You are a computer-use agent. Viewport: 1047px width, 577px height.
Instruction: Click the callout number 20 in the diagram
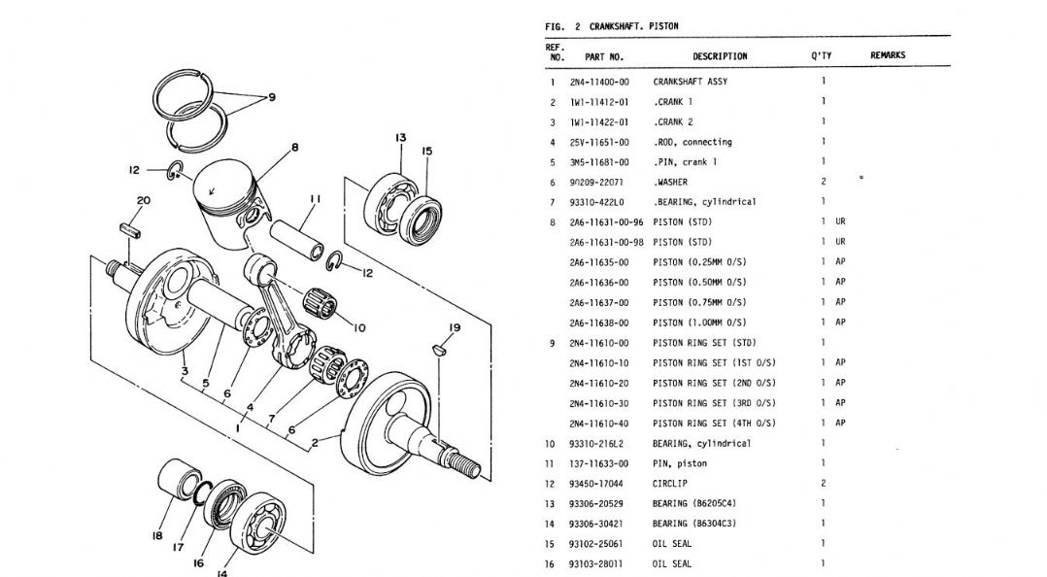coord(143,200)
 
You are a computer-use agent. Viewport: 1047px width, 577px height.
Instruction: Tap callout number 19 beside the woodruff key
coord(455,328)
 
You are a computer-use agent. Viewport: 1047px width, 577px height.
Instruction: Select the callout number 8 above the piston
coord(294,148)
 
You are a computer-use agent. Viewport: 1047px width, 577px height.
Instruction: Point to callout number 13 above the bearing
coord(400,138)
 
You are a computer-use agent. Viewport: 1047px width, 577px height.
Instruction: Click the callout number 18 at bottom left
coord(157,535)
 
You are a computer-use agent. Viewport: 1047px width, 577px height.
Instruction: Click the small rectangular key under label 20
coord(129,229)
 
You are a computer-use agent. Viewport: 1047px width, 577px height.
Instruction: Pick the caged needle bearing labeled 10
coord(320,305)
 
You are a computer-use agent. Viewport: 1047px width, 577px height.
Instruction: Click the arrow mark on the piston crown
coord(213,191)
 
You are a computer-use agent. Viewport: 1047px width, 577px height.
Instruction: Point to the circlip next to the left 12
coord(176,171)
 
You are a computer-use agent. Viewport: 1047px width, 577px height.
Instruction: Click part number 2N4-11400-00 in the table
coord(599,83)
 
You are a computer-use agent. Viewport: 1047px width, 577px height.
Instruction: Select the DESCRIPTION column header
coord(720,56)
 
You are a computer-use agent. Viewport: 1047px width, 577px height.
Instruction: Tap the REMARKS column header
coord(888,55)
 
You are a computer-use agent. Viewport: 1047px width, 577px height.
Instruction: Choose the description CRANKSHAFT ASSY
coord(691,83)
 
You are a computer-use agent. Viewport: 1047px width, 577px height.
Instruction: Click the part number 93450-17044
coord(595,484)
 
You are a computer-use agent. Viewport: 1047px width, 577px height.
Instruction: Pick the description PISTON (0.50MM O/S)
coord(699,283)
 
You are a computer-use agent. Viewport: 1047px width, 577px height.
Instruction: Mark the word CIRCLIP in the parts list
coord(670,484)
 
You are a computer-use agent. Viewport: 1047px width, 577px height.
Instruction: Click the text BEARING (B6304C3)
coord(694,524)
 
